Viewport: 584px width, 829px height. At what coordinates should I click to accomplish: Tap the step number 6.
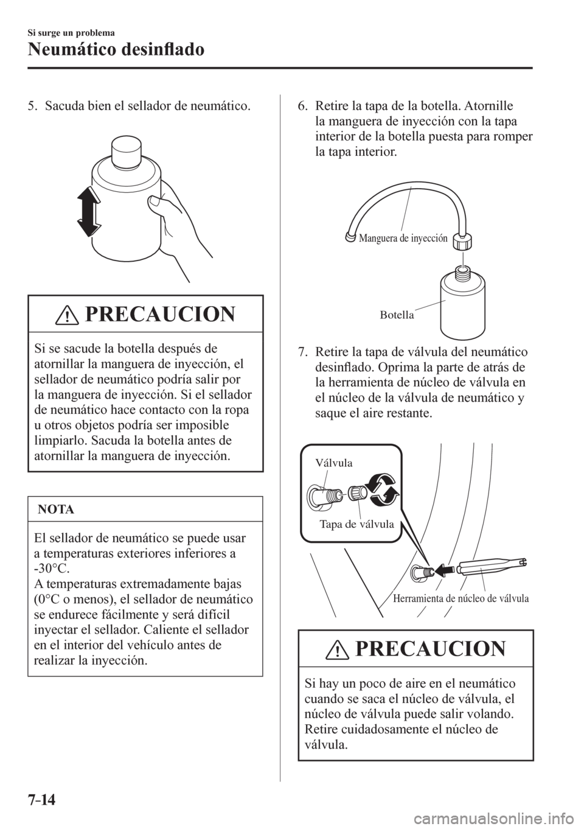(302, 108)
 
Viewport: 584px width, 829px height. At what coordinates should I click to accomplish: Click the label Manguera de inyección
(404, 239)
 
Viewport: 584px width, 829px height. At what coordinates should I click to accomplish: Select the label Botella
(397, 315)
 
